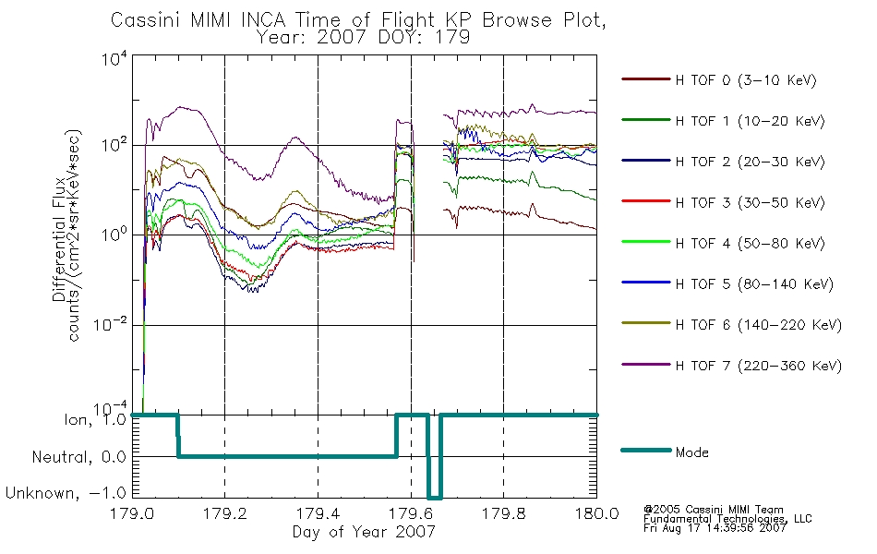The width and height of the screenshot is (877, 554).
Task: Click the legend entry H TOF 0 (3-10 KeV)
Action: pyautogui.click(x=719, y=80)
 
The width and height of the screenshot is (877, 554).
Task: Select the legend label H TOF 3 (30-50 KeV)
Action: pyautogui.click(x=723, y=202)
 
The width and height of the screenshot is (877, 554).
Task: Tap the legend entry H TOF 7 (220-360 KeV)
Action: pyautogui.click(x=731, y=366)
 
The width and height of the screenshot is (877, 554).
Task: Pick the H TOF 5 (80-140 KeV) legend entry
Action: pyautogui.click(x=727, y=283)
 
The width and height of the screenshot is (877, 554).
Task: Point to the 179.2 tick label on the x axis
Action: pyautogui.click(x=225, y=513)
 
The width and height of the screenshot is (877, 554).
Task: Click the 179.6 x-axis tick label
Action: pyautogui.click(x=411, y=513)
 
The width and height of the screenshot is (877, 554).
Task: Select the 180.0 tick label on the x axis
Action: pyautogui.click(x=596, y=513)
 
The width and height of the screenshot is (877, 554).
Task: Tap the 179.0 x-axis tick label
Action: pyautogui.click(x=132, y=513)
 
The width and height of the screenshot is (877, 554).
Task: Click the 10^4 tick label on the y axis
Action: pyautogui.click(x=114, y=58)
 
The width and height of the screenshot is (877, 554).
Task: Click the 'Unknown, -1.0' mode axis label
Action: pyautogui.click(x=66, y=493)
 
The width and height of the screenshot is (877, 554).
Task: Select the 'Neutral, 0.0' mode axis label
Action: pyautogui.click(x=78, y=457)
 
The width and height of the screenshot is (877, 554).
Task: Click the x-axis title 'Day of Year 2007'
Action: pyautogui.click(x=364, y=531)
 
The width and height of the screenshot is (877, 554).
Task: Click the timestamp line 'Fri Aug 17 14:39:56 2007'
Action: pyautogui.click(x=715, y=528)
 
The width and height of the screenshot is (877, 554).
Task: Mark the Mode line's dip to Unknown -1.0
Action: pyautogui.click(x=435, y=498)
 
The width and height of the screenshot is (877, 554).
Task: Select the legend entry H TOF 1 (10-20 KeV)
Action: pyautogui.click(x=723, y=121)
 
